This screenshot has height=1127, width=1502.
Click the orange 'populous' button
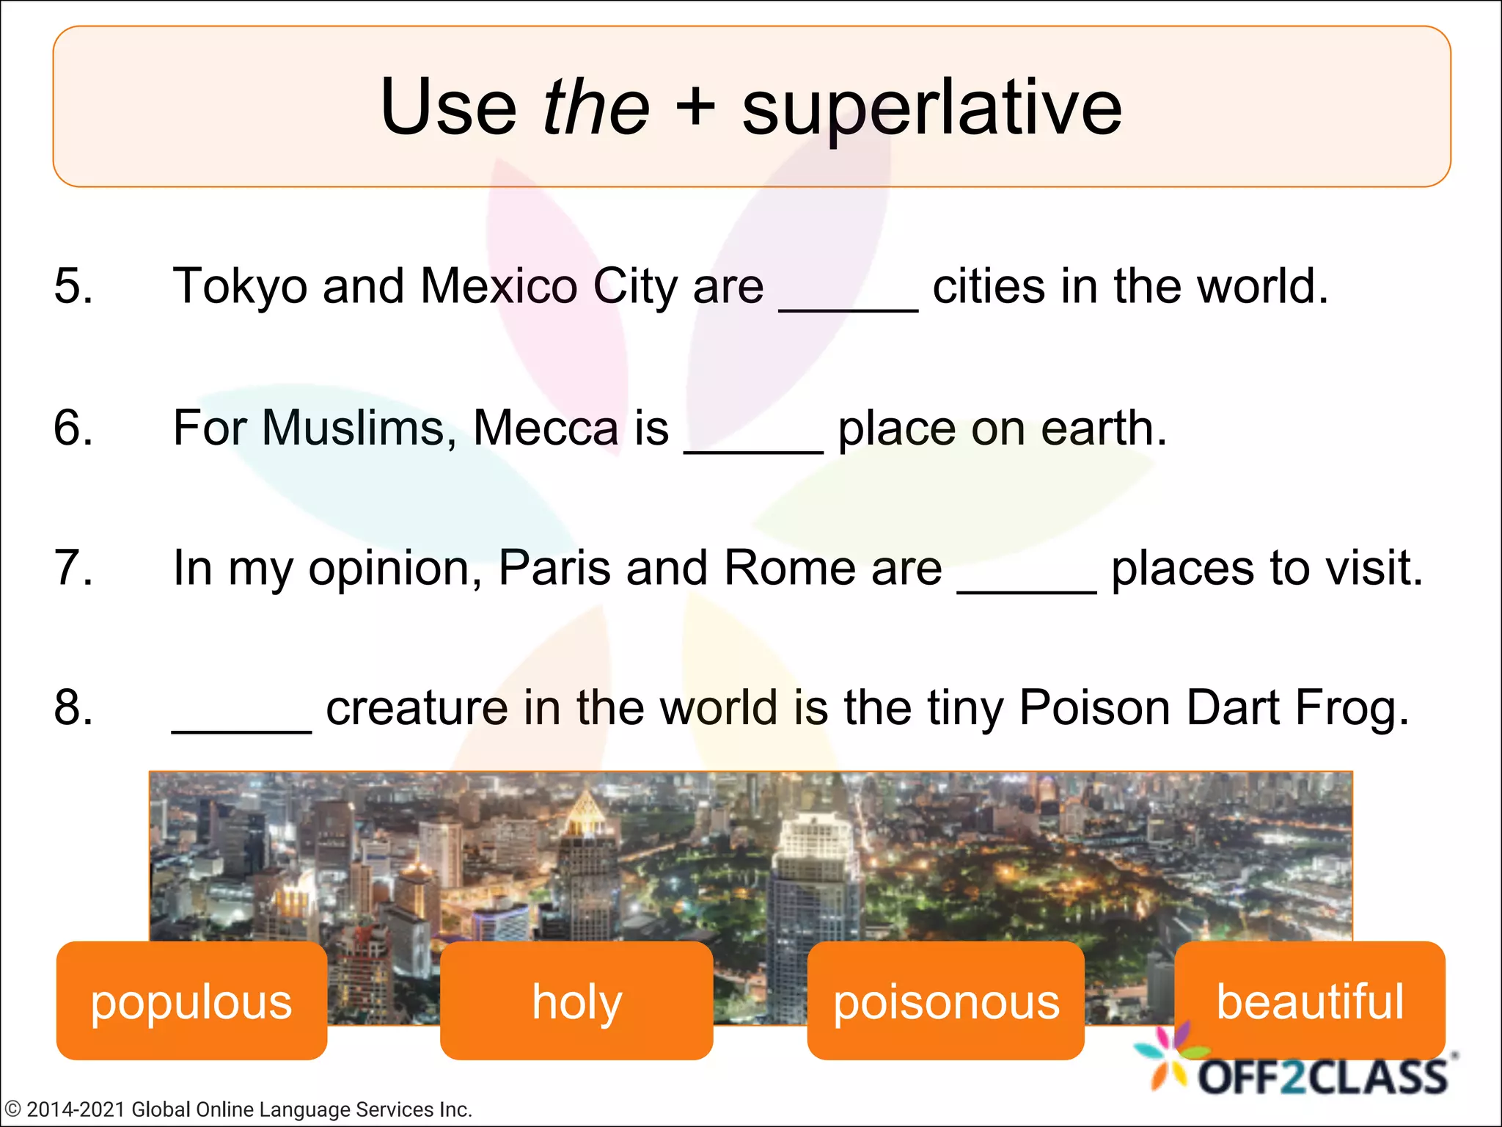click(x=191, y=1001)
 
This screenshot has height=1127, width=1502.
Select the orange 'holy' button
click(x=576, y=1001)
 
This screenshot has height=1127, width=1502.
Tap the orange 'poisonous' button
click(x=945, y=1001)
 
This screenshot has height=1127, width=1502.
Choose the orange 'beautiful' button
click(x=1310, y=1001)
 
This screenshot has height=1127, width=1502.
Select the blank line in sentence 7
click(x=1027, y=588)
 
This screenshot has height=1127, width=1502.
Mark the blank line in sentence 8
click(x=241, y=727)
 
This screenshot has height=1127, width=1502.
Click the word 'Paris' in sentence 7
click(x=554, y=568)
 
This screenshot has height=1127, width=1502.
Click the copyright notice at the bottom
click(x=238, y=1109)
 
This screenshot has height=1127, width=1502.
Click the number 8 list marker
click(x=73, y=709)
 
